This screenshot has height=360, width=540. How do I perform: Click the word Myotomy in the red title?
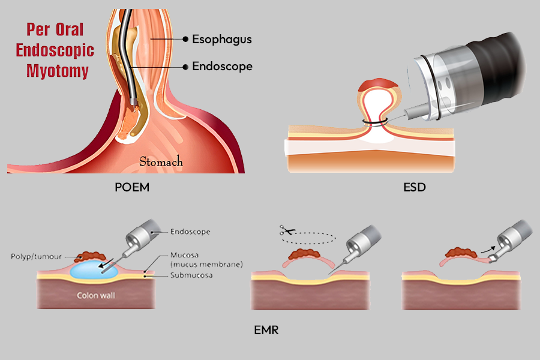click(x=58, y=71)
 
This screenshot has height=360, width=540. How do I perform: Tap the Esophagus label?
click(x=221, y=40)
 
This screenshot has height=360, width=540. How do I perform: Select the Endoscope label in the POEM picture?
click(x=222, y=66)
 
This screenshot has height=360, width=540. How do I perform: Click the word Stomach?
click(x=161, y=162)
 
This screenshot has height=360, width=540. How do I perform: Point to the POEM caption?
click(x=131, y=188)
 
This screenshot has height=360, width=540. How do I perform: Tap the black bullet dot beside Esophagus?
click(x=185, y=40)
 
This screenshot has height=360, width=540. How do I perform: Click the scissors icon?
click(x=284, y=230)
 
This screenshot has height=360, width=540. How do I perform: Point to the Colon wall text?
click(x=95, y=295)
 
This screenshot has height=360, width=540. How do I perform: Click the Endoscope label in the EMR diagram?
click(x=190, y=231)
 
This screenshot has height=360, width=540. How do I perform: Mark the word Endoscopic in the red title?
click(x=58, y=50)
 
